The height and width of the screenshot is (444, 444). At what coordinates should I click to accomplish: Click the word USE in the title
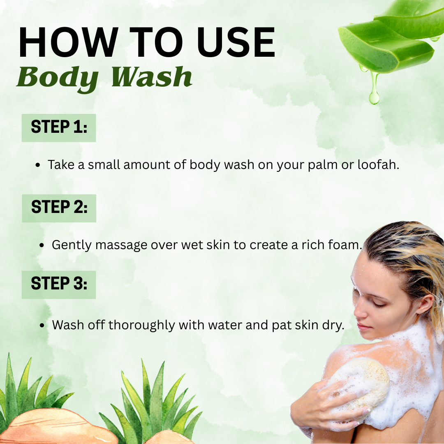coord(236,42)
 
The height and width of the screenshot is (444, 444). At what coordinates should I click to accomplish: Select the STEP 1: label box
coord(59,128)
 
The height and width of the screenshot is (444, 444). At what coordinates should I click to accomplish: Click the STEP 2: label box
coord(59,208)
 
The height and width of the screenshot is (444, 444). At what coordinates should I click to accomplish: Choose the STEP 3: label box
coord(59,284)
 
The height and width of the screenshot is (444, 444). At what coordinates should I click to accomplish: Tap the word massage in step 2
coord(121,245)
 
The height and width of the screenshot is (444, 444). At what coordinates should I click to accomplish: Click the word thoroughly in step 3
coord(141,325)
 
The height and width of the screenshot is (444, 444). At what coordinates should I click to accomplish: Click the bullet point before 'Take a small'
coord(38,165)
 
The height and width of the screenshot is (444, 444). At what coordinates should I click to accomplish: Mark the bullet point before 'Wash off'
coord(42,325)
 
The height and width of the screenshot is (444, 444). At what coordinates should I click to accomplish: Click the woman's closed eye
coord(379,305)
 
